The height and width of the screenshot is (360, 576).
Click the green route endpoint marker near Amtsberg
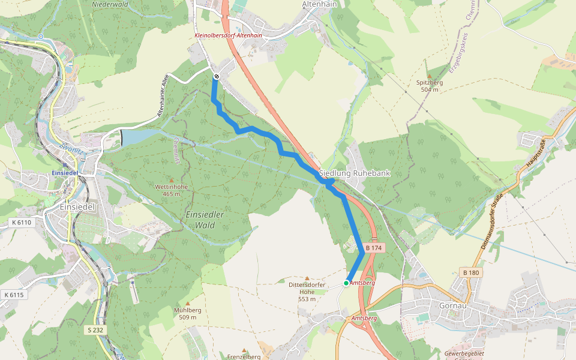[x=346, y=283]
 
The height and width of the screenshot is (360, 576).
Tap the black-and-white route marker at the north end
[x=216, y=76]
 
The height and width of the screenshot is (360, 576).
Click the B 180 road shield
[x=470, y=273]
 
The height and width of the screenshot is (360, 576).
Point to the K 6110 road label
[x=21, y=222]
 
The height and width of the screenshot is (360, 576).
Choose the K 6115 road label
[x=13, y=295]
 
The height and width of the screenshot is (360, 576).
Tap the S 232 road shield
[x=95, y=330]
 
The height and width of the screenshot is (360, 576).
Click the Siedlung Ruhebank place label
[x=355, y=173]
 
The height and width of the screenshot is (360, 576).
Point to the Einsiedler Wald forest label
[x=205, y=220]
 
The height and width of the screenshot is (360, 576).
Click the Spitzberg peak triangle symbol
[x=429, y=76]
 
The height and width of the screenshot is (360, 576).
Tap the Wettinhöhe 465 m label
[x=172, y=190]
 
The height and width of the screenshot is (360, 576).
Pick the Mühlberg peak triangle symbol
[x=187, y=304]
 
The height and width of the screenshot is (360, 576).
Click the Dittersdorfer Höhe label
[x=307, y=292]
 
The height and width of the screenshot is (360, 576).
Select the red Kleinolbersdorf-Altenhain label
[x=228, y=35]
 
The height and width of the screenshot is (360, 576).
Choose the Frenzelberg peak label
[x=244, y=356]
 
